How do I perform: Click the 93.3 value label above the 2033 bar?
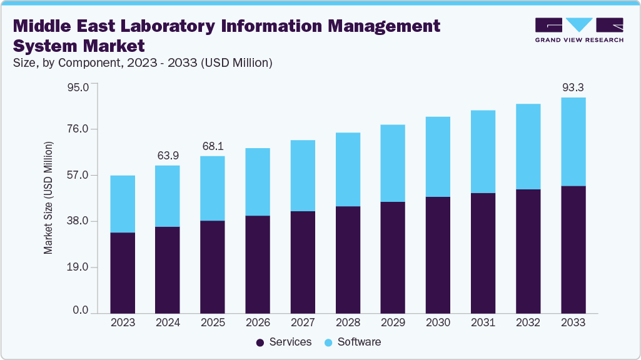[573, 87]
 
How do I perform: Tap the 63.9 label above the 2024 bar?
[168, 155]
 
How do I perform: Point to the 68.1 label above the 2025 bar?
[213, 146]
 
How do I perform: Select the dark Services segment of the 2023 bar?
[123, 272]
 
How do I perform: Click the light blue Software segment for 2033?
[573, 142]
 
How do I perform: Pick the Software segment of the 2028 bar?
[348, 169]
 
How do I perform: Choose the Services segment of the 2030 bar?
[438, 254]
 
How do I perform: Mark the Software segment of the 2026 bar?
[258, 182]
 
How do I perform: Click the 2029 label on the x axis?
[393, 322]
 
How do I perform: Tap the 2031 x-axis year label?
[483, 322]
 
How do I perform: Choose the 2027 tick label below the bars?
[303, 322]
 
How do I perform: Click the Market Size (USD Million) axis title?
[48, 197]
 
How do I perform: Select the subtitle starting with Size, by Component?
[142, 62]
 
